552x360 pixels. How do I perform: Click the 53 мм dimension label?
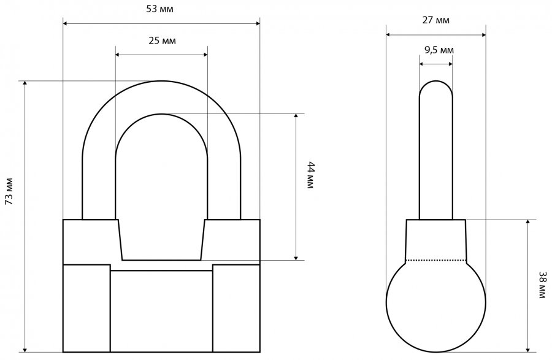(x=160, y=9)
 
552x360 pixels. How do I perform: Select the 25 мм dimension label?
(x=162, y=41)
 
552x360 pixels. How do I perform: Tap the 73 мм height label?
(x=9, y=191)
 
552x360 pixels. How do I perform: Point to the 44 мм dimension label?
(x=310, y=175)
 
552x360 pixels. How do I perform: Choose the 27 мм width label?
(x=436, y=20)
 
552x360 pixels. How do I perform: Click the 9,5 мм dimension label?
(x=439, y=50)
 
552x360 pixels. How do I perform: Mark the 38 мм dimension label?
(x=543, y=285)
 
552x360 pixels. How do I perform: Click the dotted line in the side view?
(x=436, y=261)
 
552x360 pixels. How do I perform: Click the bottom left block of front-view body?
(x=86, y=308)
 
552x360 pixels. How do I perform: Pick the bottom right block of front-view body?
(x=236, y=308)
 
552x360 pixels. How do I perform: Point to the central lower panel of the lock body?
(x=161, y=311)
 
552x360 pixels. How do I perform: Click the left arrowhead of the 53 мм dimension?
(x=65, y=23)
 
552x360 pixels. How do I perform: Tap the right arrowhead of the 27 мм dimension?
(x=484, y=34)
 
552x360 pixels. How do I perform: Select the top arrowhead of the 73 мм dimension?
(x=25, y=83)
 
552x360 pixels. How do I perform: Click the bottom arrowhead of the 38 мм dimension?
(x=527, y=350)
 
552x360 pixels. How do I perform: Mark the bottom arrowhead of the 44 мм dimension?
(x=296, y=258)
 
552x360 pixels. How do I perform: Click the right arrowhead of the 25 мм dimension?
(x=205, y=55)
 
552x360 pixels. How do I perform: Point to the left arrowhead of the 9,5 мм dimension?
(x=421, y=64)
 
